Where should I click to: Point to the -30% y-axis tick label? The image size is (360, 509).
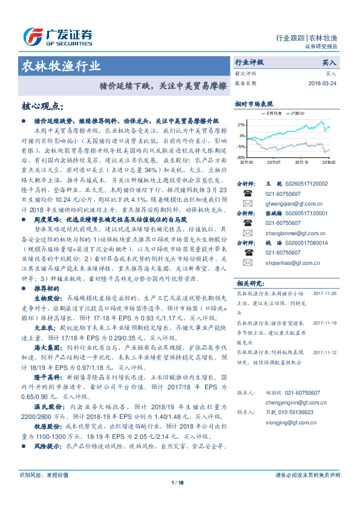pos(241,157)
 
